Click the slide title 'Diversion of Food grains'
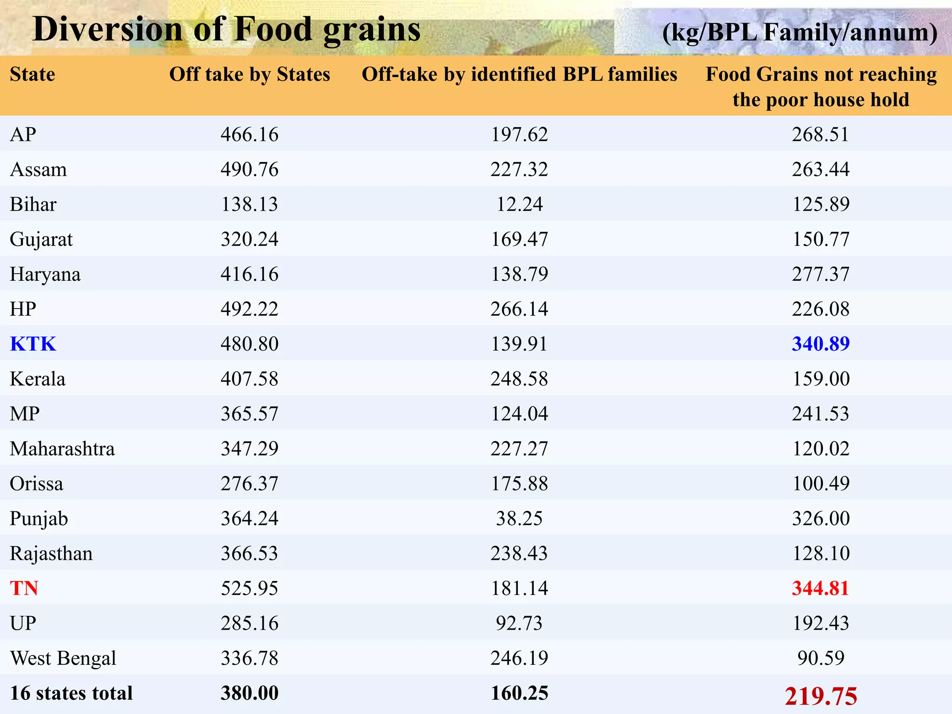226,29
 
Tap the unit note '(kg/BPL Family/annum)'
799,33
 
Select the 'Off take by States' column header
250,74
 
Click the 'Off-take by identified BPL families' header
519,74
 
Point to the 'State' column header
33,74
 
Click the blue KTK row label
33,344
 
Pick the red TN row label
24,588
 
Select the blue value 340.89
820,344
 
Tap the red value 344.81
820,588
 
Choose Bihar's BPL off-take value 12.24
519,205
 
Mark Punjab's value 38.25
519,519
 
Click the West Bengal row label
63,658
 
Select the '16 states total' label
71,693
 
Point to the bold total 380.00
250,693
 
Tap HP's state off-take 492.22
250,309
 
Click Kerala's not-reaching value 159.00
820,379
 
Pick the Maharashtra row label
62,449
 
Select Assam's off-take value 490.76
250,170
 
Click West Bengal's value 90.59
820,658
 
